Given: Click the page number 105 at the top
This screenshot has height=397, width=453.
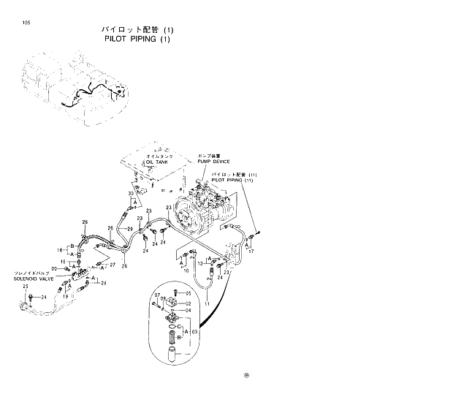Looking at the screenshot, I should pos(26,22).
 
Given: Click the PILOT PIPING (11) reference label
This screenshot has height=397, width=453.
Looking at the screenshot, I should pos(232,179).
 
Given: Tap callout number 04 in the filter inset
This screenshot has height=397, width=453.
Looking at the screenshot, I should pos(187,310).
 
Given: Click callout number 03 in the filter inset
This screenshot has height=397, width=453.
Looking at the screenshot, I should pos(194,332).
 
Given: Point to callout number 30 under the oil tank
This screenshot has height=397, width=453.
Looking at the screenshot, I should pos(130,194).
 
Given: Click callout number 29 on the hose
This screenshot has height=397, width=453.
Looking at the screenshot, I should pos(129,230).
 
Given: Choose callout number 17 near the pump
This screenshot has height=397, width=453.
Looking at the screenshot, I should pos(251,252).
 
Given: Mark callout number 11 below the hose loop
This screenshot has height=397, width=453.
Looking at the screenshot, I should pos(207,302).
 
